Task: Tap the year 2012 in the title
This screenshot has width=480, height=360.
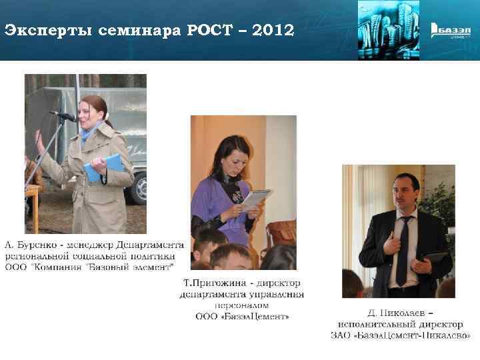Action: tap(269, 30)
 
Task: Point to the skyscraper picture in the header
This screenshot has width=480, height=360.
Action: tap(388, 30)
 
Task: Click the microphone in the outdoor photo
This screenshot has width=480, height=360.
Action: tap(65, 116)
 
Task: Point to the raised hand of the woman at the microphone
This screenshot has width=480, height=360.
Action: tap(39, 142)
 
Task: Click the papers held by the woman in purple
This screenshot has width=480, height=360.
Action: tap(255, 198)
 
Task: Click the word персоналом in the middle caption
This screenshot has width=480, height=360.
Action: tap(243, 305)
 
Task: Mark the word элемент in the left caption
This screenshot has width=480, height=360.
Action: tap(150, 266)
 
